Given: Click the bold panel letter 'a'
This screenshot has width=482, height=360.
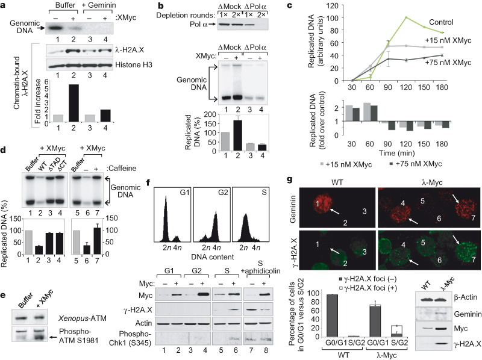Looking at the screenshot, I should point(5,7).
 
